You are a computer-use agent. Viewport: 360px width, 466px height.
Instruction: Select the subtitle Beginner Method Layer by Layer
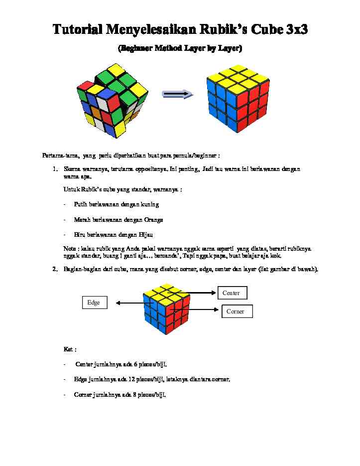(180, 49)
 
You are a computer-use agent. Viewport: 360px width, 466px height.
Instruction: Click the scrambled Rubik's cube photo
(112, 99)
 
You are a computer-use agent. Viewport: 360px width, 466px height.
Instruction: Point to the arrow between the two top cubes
(177, 94)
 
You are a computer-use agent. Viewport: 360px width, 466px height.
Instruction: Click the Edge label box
(94, 303)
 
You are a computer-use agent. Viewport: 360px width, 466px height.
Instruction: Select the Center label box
(232, 293)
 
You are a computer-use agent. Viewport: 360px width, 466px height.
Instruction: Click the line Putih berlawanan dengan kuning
(117, 204)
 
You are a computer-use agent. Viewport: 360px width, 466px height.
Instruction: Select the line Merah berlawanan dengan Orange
(119, 219)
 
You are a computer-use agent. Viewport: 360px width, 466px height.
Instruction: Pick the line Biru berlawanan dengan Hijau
(114, 234)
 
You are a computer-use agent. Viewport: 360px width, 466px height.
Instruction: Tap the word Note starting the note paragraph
(69, 248)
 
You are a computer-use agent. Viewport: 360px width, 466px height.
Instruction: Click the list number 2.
(55, 270)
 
